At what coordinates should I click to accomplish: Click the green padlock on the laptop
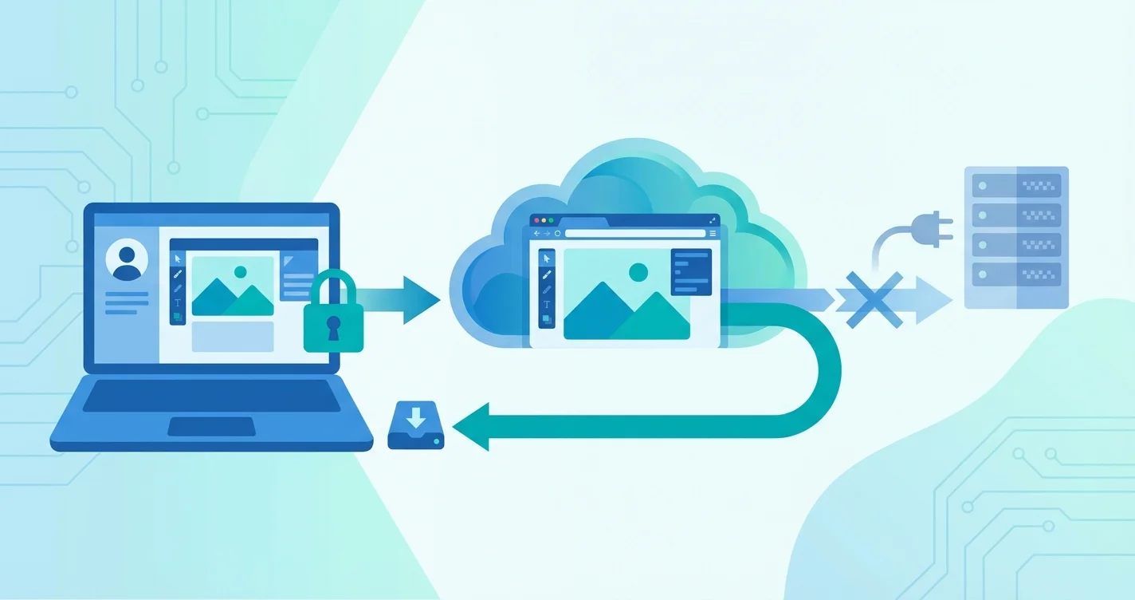pyautogui.click(x=333, y=316)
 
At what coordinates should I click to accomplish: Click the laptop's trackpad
pyautogui.click(x=211, y=427)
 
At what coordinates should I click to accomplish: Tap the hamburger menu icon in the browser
pyautogui.click(x=713, y=233)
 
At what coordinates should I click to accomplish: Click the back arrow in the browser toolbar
pyautogui.click(x=536, y=233)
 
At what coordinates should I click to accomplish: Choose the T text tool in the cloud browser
pyautogui.click(x=547, y=304)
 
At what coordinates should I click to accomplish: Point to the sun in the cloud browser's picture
pyautogui.click(x=638, y=273)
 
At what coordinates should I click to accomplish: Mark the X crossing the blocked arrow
pyautogui.click(x=874, y=299)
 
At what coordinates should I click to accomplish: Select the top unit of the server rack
pyautogui.click(x=1015, y=185)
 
